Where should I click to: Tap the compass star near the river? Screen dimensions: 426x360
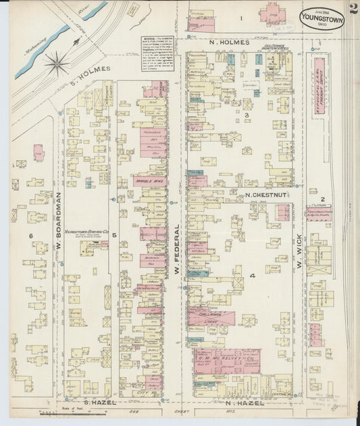point(57,64)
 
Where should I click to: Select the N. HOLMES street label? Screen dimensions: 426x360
point(229,43)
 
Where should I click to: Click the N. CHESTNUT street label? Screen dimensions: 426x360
point(266,195)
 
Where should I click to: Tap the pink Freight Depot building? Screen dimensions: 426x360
point(318,78)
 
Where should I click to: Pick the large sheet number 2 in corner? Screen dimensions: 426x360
point(353,9)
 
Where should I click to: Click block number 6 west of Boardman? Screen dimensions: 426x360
point(31,235)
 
